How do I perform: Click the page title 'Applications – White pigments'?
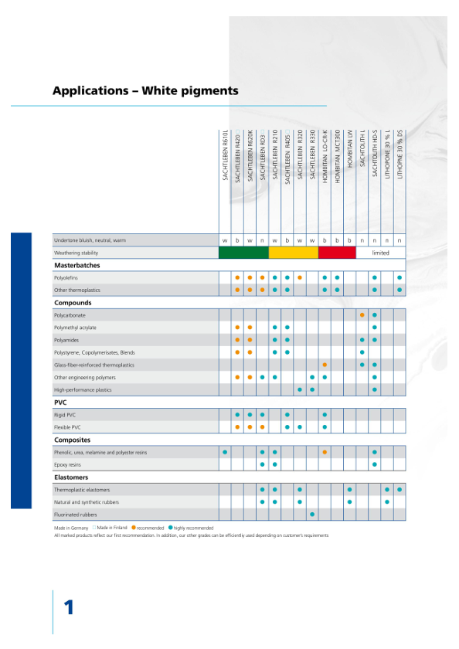pyautogui.click(x=145, y=90)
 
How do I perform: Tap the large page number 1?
pyautogui.click(x=69, y=607)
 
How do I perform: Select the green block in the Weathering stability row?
pyautogui.click(x=243, y=253)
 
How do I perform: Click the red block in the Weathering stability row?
pyautogui.click(x=337, y=253)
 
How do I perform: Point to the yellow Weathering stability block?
pyautogui.click(x=294, y=253)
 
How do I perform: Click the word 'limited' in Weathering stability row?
pyautogui.click(x=380, y=253)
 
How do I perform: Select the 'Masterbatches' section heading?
pyautogui.click(x=77, y=265)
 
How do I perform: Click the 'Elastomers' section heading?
pyautogui.click(x=71, y=477)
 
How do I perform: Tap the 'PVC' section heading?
pyautogui.click(x=60, y=403)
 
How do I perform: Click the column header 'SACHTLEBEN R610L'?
pyautogui.click(x=225, y=155)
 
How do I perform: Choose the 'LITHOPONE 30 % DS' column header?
pyautogui.click(x=399, y=155)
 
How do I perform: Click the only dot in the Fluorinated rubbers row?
pyautogui.click(x=312, y=515)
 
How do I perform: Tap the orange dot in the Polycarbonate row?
pyautogui.click(x=362, y=315)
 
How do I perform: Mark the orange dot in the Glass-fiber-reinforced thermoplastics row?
pyautogui.click(x=325, y=365)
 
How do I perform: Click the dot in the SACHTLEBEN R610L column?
pyautogui.click(x=225, y=452)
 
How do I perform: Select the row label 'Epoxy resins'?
pyautogui.click(x=67, y=465)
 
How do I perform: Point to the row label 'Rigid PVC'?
pyautogui.click(x=65, y=415)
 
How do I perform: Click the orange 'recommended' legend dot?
pyautogui.click(x=134, y=528)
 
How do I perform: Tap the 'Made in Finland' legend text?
pyautogui.click(x=112, y=528)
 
